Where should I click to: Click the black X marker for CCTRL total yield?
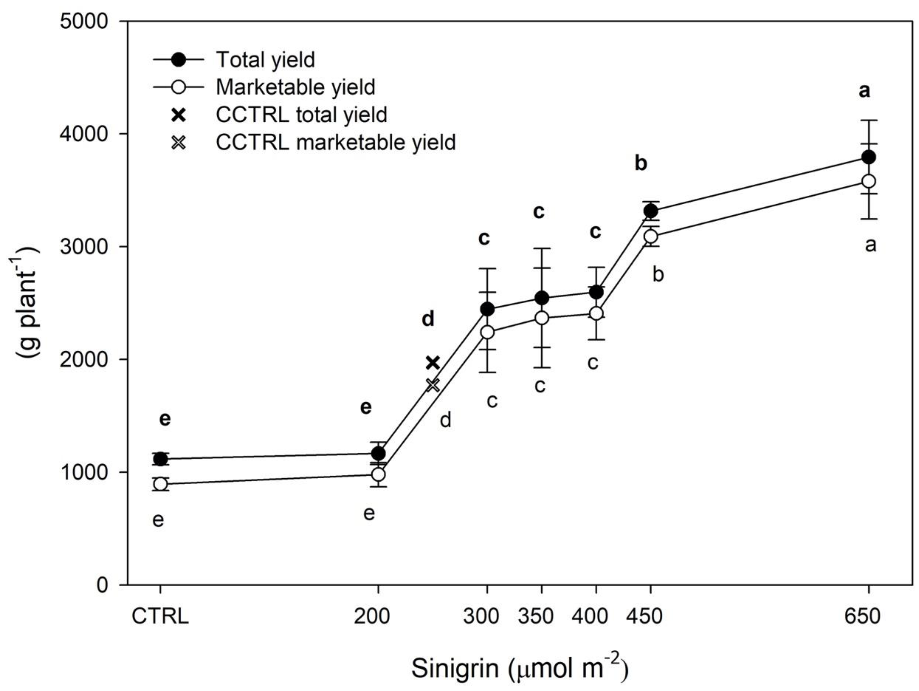click(433, 363)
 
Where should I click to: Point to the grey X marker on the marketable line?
click(433, 385)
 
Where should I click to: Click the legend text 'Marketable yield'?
click(295, 87)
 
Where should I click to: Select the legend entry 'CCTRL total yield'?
click(301, 115)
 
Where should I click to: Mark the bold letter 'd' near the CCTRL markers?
click(428, 319)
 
